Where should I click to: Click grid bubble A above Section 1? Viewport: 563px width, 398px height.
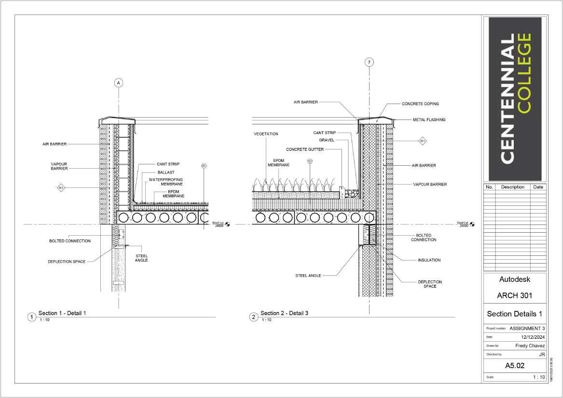click(x=119, y=83)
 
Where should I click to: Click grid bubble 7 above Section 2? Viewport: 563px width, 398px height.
click(x=369, y=62)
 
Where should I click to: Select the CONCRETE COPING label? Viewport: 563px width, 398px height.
click(x=420, y=104)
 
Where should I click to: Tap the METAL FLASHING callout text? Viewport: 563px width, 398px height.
click(x=429, y=119)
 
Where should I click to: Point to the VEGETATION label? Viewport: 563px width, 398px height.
click(x=266, y=134)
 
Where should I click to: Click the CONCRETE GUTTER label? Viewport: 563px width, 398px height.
click(x=304, y=149)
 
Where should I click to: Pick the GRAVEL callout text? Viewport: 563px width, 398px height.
click(x=327, y=140)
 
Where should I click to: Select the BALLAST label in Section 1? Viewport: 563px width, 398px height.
click(x=165, y=172)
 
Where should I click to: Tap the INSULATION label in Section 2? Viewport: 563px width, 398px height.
click(x=429, y=260)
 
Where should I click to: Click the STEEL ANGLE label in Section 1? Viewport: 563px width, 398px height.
click(x=142, y=258)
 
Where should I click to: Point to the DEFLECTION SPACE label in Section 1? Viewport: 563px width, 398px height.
click(x=67, y=262)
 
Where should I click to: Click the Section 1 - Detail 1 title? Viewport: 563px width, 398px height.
click(x=62, y=313)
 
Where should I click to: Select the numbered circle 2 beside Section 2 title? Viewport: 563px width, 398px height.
click(x=254, y=317)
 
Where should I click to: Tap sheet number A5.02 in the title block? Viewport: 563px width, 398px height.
click(x=515, y=366)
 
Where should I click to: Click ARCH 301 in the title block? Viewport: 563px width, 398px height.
click(x=514, y=295)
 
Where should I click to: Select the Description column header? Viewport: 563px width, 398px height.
click(x=512, y=187)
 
